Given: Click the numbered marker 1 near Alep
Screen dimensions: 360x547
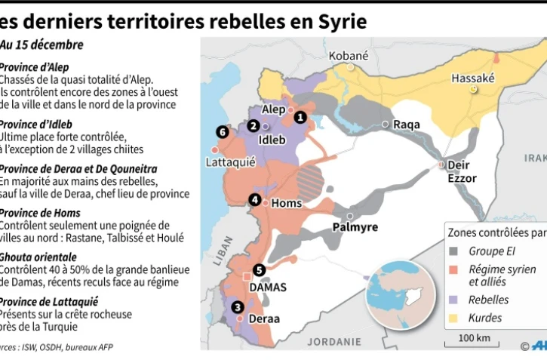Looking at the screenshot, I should click(300, 117).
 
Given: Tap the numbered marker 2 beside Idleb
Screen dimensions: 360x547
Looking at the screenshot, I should click(254, 125).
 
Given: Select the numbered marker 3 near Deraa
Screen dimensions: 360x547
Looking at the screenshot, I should click(238, 306).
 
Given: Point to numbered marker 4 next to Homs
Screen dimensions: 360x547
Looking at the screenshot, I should click(255, 200).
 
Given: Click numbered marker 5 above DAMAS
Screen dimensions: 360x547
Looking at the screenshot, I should click(259, 269).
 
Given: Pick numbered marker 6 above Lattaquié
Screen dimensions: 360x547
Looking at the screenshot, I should click(221, 132).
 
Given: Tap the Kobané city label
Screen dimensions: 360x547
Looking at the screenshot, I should click(349, 56).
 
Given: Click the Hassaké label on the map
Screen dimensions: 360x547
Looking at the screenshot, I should click(472, 78).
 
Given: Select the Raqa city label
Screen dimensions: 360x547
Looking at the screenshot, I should click(406, 125).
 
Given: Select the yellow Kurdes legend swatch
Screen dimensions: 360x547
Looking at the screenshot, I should click(455, 318).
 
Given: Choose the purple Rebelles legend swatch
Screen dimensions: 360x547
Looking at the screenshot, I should click(455, 300).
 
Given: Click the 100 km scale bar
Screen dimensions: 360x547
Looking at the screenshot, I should click(472, 344).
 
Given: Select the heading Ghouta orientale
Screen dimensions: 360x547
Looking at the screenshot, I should click(37, 257).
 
